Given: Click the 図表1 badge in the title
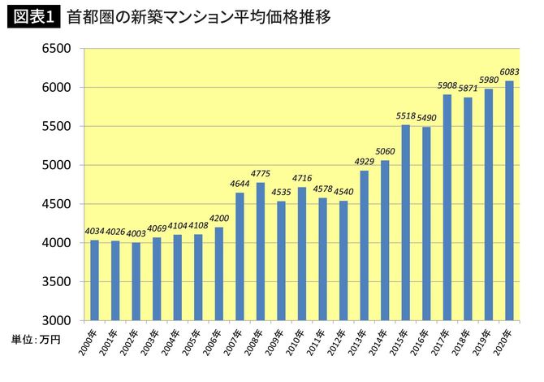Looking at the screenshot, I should (33, 17).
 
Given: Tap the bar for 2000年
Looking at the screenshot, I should (94, 280).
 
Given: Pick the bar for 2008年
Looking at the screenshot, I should (261, 251).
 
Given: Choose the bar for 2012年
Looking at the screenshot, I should (343, 260).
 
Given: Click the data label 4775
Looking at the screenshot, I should (261, 175).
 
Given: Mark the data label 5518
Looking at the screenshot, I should (406, 117).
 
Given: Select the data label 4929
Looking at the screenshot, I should (365, 163).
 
